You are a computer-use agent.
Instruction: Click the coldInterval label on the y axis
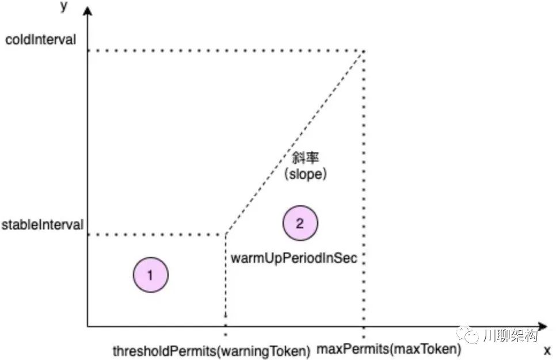coord(40,40)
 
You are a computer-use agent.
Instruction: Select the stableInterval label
coord(42,224)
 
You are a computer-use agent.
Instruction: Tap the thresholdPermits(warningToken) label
coord(211,350)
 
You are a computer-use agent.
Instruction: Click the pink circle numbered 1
coord(150,275)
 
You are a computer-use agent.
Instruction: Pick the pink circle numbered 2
coord(300,224)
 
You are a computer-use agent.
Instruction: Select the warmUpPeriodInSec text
coord(294,258)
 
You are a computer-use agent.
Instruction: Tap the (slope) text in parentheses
coord(306,174)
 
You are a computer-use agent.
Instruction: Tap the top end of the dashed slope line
coord(363,51)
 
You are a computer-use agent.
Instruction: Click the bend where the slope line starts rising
coord(225,235)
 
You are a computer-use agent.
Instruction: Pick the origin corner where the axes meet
coord(87,327)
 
